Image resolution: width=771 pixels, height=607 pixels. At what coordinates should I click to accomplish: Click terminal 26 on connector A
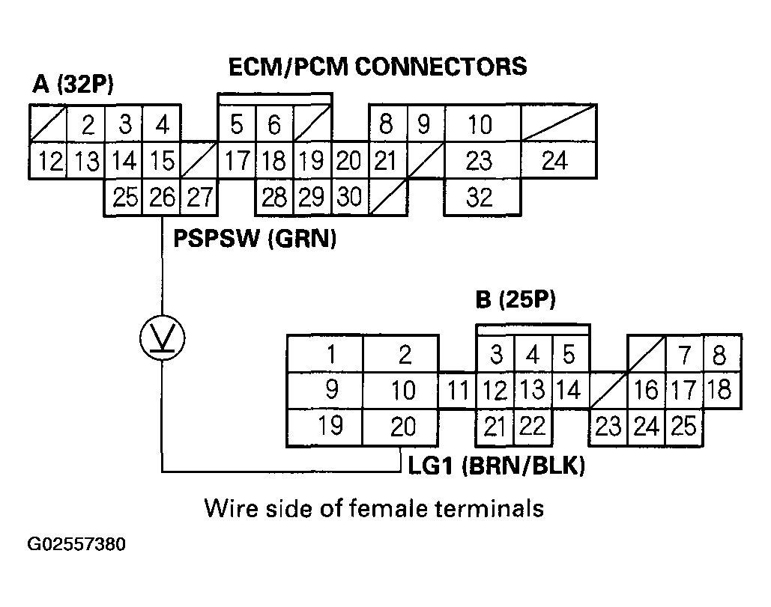[x=162, y=198]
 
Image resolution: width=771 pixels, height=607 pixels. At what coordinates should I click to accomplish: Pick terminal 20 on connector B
[x=402, y=427]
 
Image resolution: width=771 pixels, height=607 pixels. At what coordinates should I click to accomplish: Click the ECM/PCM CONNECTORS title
[x=378, y=67]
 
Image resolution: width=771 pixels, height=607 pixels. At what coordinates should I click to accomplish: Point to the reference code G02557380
[x=76, y=544]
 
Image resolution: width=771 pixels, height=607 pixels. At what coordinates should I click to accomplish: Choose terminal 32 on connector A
[x=480, y=198]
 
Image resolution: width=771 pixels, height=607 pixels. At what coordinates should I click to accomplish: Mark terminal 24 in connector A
[x=554, y=161]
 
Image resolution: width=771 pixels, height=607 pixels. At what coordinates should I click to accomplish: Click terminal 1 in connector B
[x=325, y=353]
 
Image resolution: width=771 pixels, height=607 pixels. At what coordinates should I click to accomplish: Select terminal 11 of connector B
[x=457, y=391]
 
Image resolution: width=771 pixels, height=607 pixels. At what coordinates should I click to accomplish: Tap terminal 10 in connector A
[x=480, y=124]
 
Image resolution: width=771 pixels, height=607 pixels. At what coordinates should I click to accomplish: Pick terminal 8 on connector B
[x=719, y=353]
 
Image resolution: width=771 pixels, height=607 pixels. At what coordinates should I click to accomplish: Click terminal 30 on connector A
[x=349, y=198]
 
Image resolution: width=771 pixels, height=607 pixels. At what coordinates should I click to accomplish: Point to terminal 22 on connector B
[x=532, y=427]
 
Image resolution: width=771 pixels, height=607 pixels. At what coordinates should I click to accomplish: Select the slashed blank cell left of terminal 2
[x=48, y=124]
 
